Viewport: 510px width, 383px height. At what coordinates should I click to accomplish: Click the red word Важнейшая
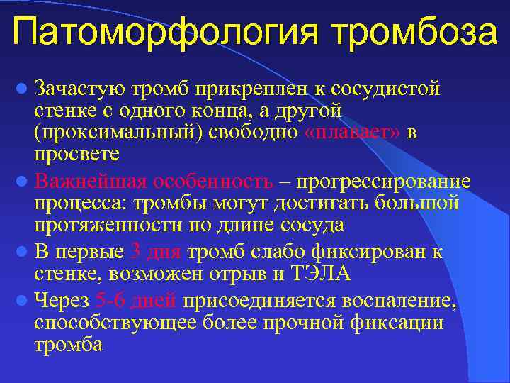tap(90, 181)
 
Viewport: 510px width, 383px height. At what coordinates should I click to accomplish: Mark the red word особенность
tap(212, 181)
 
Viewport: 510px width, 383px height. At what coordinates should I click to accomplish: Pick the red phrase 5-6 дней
tap(135, 301)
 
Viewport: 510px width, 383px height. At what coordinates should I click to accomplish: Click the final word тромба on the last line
tap(68, 345)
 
